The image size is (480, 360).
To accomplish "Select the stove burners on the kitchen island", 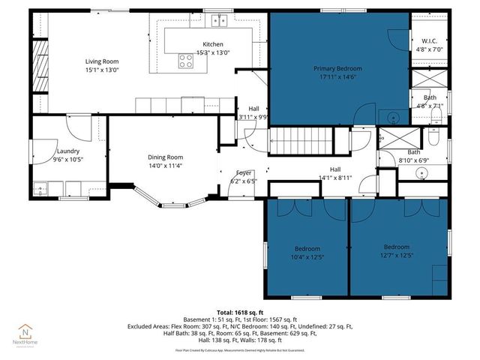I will click(186, 62).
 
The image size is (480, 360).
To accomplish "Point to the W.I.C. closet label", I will click(429, 41).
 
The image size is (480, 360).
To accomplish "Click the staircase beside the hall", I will click(299, 138).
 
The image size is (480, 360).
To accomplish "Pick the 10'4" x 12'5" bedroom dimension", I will click(306, 257).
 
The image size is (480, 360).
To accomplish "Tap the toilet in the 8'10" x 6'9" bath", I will click(435, 139).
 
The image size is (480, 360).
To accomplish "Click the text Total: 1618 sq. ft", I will click(239, 311).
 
